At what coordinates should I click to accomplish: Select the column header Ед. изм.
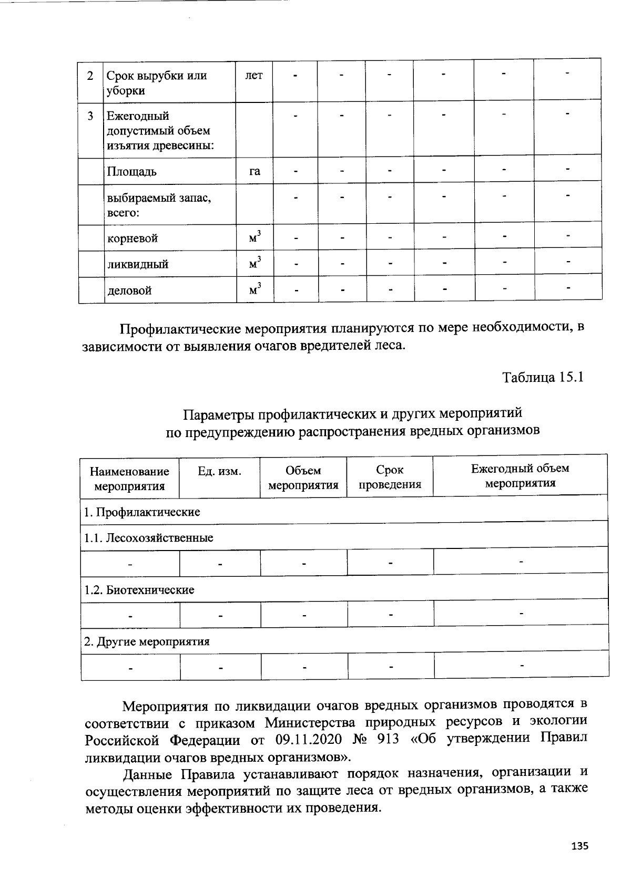click(219, 471)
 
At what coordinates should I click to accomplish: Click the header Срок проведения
click(390, 477)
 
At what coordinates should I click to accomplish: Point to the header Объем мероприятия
click(303, 478)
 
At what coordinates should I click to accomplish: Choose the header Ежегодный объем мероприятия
click(520, 475)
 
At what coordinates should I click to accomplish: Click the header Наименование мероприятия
click(129, 479)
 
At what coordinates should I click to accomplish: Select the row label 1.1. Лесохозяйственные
click(149, 537)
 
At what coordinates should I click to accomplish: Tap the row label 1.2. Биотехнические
click(139, 589)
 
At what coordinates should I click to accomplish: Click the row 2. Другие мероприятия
click(147, 641)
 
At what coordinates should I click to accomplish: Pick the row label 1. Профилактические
click(142, 512)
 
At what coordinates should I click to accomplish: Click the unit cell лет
click(254, 75)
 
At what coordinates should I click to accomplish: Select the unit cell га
click(255, 171)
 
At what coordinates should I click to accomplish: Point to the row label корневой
click(133, 238)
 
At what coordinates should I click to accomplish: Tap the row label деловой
click(129, 290)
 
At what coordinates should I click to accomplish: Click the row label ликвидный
click(138, 264)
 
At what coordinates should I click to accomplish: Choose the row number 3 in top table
click(91, 115)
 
